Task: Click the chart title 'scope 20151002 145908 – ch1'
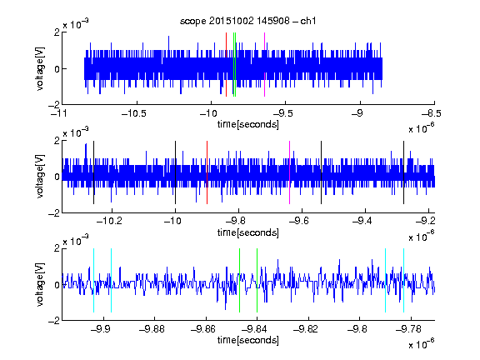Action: click(248, 21)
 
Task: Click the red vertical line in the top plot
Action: click(226, 65)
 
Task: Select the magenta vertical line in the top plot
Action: click(264, 65)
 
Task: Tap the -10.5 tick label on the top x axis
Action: click(134, 113)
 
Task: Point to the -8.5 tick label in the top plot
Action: click(432, 113)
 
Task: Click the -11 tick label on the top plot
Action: click(59, 113)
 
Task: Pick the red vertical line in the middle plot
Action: click(207, 172)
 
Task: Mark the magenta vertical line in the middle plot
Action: click(290, 172)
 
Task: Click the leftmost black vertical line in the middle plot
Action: click(93, 172)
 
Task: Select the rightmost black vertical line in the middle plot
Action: click(403, 172)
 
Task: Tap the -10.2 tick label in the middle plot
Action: click(109, 221)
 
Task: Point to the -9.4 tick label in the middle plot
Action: click(362, 221)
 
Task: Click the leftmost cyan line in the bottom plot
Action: click(93, 280)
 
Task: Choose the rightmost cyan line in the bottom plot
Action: click(404, 280)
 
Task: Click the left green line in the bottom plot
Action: click(239, 280)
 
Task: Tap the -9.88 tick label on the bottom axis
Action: click(152, 329)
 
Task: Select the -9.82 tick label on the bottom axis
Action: click(306, 329)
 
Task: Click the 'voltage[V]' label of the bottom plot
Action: click(40, 284)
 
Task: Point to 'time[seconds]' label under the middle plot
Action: click(248, 233)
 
